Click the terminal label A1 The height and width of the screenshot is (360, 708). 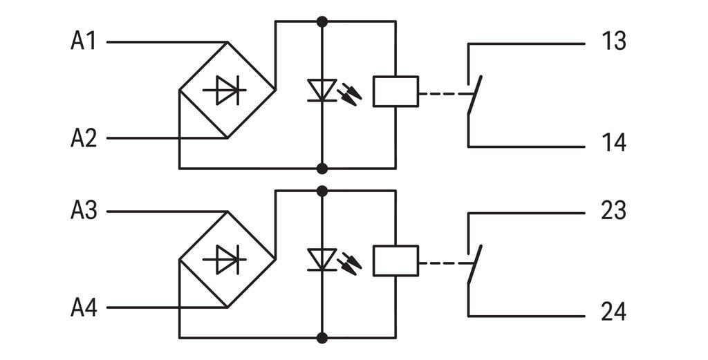click(x=83, y=41)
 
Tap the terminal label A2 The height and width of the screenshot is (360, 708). click(x=83, y=139)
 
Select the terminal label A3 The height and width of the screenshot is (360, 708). click(x=83, y=211)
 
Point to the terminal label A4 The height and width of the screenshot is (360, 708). click(x=83, y=308)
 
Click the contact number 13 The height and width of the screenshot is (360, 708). click(x=613, y=42)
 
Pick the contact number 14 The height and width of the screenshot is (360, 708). click(x=613, y=143)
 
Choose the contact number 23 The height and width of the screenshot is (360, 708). click(x=613, y=211)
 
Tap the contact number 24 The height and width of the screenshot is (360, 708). click(x=613, y=312)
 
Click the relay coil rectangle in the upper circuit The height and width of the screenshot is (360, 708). click(x=395, y=91)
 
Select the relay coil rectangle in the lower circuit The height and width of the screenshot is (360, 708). click(x=395, y=260)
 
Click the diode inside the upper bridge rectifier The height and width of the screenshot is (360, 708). click(x=225, y=90)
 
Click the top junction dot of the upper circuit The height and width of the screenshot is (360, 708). click(x=322, y=21)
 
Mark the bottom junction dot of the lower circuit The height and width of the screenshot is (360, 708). click(x=322, y=338)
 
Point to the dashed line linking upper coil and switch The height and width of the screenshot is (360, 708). click(x=442, y=92)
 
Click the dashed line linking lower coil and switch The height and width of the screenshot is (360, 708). click(x=442, y=262)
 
